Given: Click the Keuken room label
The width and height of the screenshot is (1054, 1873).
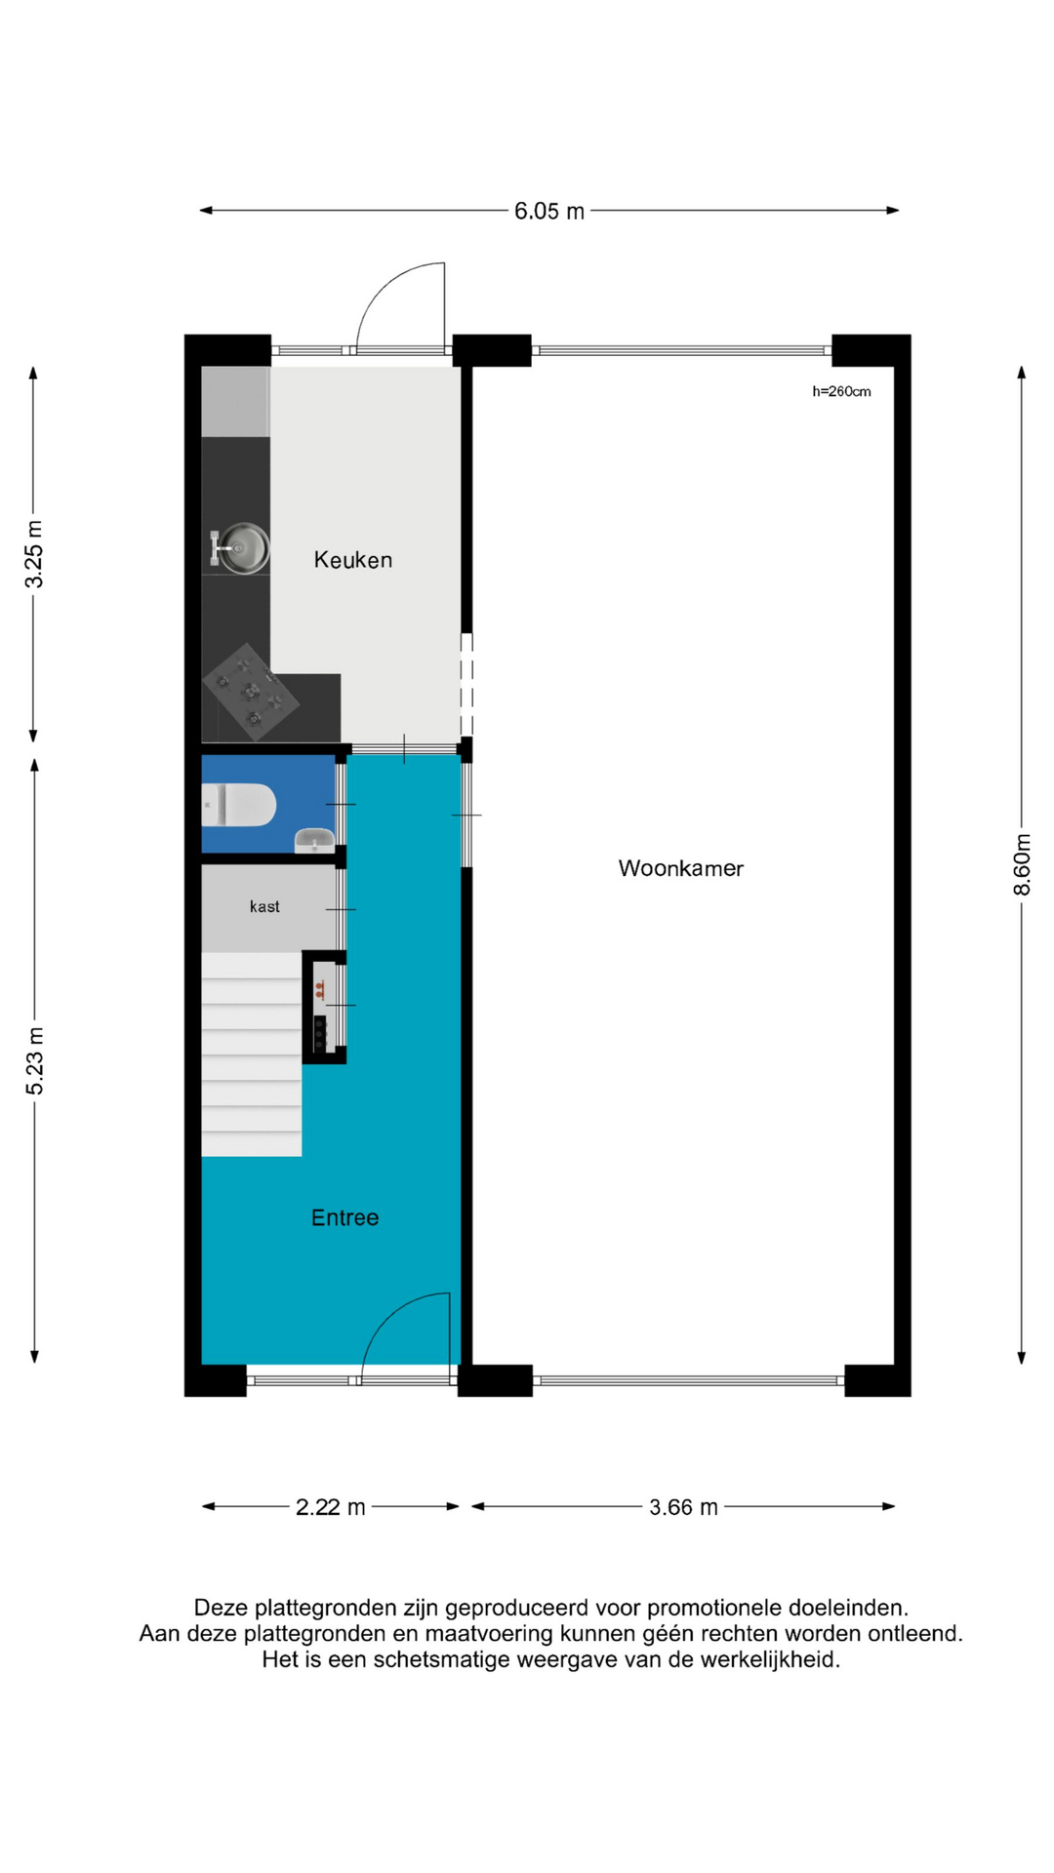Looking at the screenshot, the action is tap(352, 560).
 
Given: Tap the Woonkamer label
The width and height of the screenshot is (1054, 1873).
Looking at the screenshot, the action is tap(680, 868).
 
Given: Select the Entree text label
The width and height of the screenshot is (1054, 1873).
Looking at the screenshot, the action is tap(345, 1217).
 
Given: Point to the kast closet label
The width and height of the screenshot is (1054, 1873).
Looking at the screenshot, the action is tap(264, 906).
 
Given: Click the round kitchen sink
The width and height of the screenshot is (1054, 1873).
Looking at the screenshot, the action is tap(242, 548).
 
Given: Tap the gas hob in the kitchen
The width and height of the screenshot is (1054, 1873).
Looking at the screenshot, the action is tap(251, 692).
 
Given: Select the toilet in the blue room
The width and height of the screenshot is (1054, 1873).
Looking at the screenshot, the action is tap(238, 806).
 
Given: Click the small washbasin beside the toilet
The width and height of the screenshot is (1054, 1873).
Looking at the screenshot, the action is tap(314, 840).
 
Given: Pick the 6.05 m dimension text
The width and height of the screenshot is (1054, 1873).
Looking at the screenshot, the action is tap(549, 211).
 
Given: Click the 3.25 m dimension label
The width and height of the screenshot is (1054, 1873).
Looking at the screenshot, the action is tap(34, 554).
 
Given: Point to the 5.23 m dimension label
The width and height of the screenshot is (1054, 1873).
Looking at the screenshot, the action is tap(35, 1060).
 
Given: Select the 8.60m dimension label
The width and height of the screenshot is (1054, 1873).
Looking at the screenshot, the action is tap(1022, 864).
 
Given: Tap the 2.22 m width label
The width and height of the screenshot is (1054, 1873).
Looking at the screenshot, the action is tap(331, 1507).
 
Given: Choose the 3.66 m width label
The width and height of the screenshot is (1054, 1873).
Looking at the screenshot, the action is tap(684, 1507).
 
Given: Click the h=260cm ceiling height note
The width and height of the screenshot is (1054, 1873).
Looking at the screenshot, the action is tap(841, 391).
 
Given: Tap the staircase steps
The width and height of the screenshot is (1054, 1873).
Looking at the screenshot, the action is tap(252, 1055).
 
